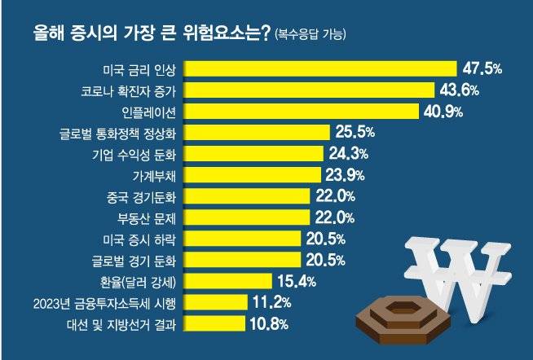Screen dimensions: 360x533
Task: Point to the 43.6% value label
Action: point(461,90)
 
